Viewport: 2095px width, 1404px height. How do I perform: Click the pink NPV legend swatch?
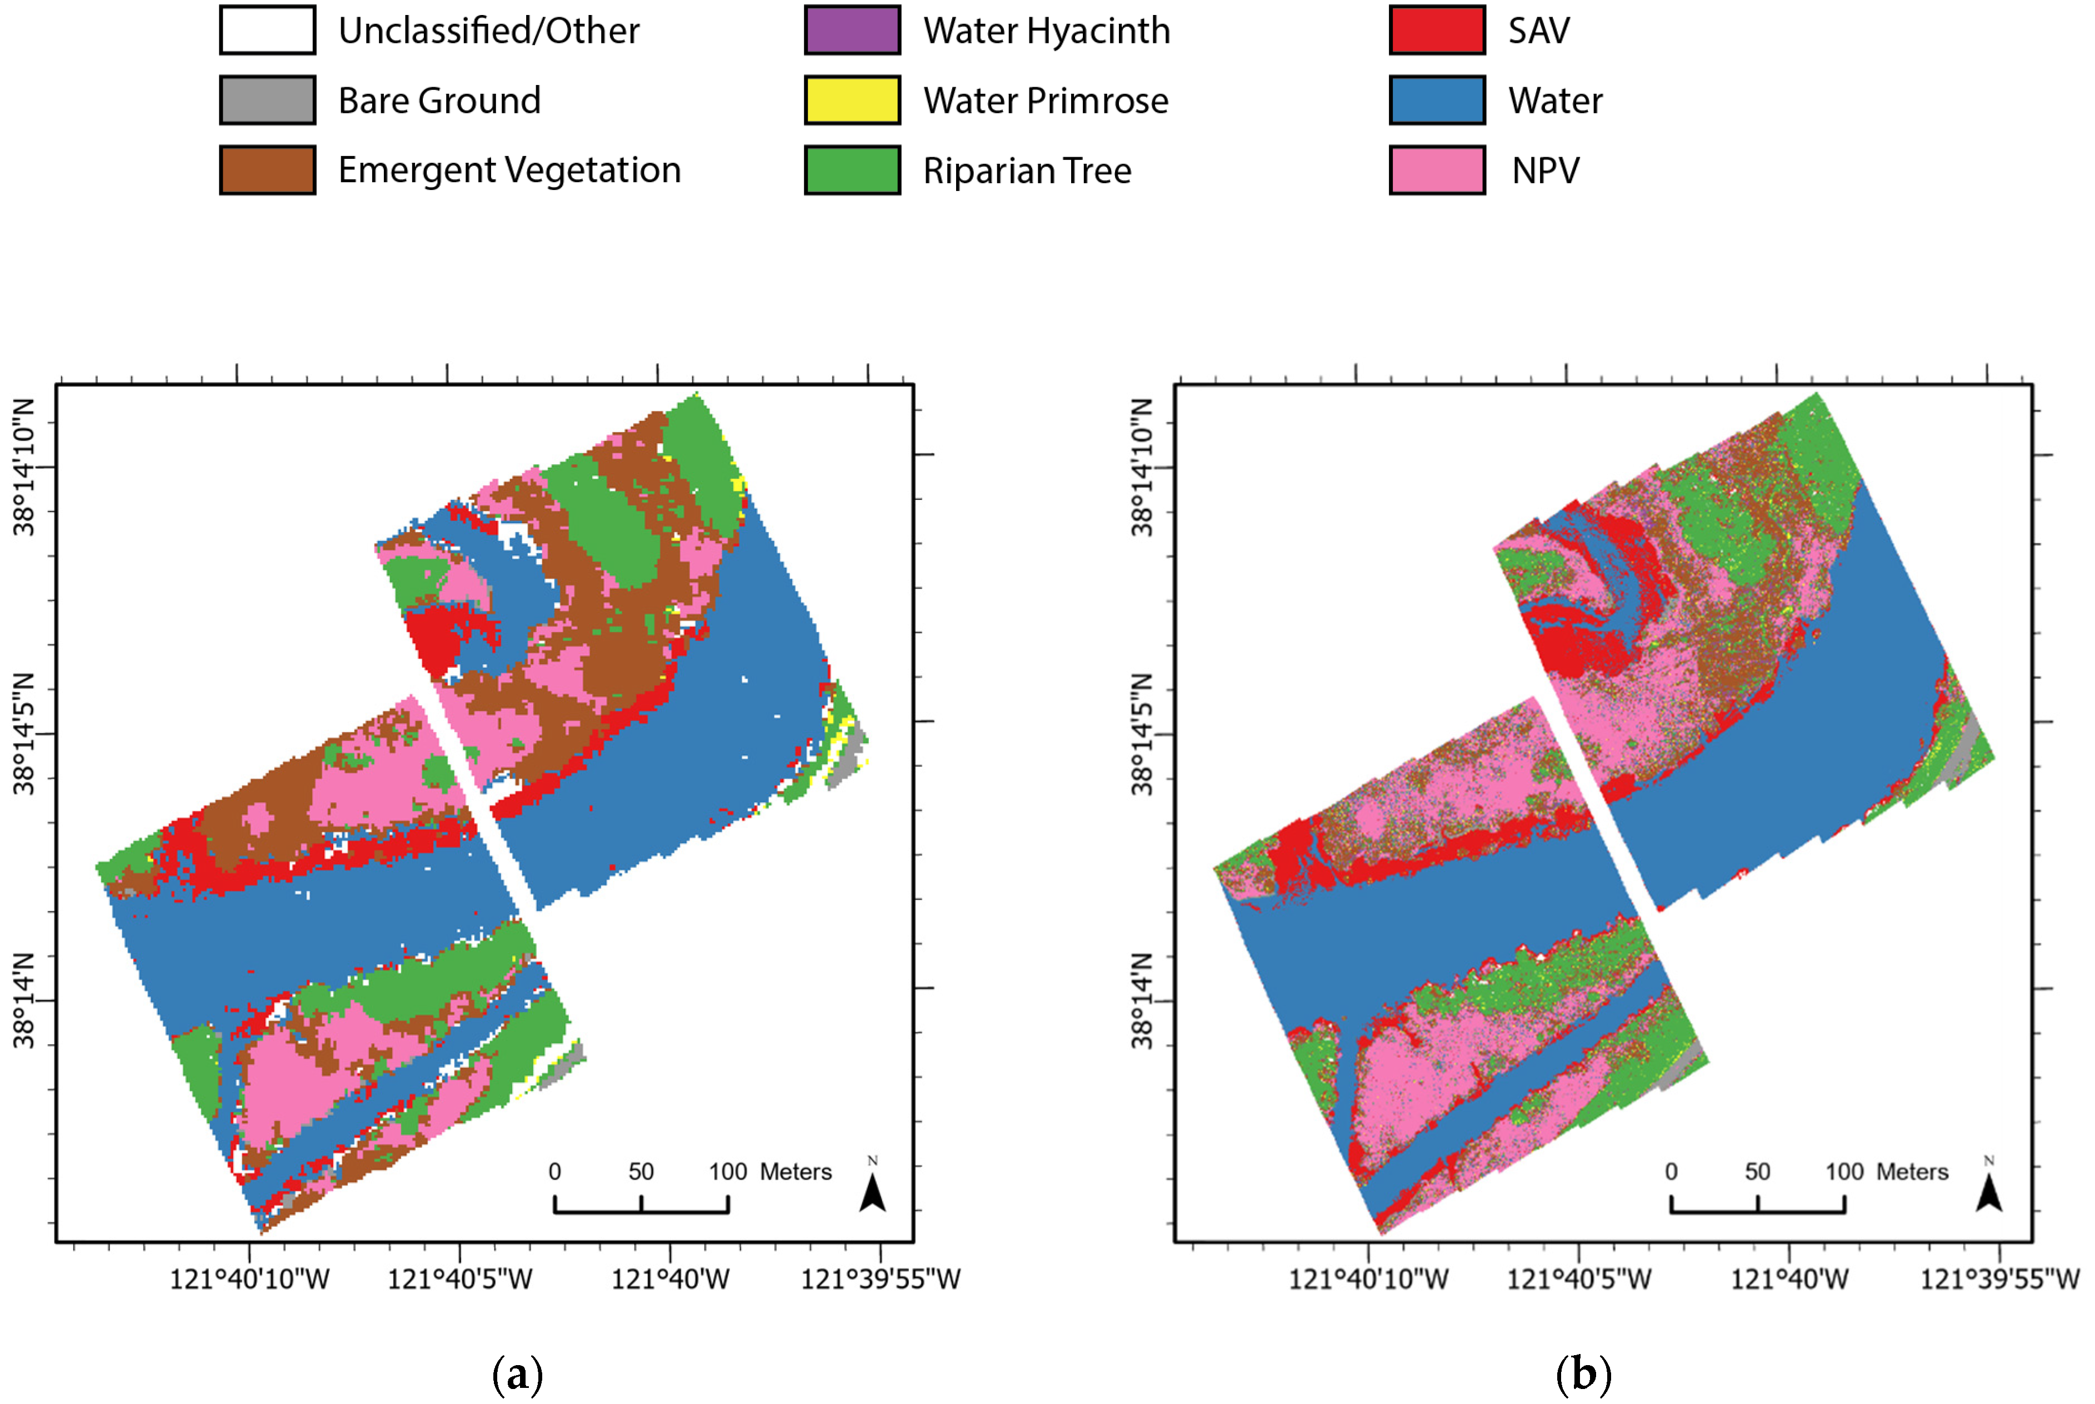(x=1437, y=170)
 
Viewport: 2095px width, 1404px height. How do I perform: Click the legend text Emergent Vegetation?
(x=509, y=170)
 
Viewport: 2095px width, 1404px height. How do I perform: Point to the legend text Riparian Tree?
(x=1027, y=170)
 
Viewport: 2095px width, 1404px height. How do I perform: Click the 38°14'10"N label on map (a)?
(x=24, y=468)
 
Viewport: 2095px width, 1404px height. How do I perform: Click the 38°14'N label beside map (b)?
(x=1142, y=1000)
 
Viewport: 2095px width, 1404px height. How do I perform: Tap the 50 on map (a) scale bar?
(x=641, y=1172)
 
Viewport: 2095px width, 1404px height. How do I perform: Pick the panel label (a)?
(x=518, y=1373)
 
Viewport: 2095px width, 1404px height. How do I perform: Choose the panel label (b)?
(x=1583, y=1373)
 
